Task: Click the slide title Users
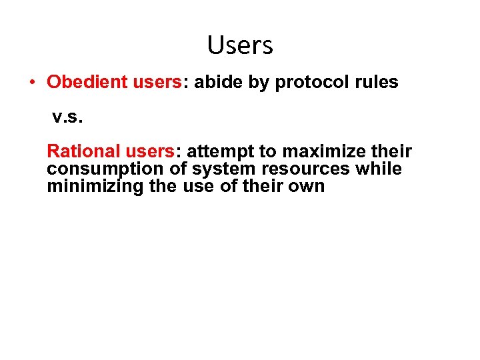240,45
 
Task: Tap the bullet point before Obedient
31,83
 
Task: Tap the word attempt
223,153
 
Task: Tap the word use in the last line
197,186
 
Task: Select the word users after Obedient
157,82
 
